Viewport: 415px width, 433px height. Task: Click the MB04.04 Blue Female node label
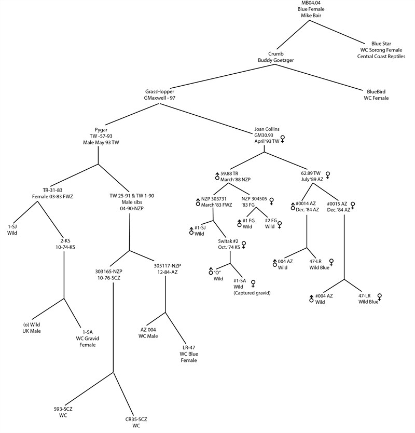pyautogui.click(x=311, y=9)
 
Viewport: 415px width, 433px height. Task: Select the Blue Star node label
pyautogui.click(x=381, y=50)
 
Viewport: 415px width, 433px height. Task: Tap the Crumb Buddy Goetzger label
pyautogui.click(x=275, y=57)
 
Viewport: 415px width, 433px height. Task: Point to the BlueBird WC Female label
pyautogui.click(x=376, y=94)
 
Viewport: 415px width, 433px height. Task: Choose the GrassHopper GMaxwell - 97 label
pyautogui.click(x=160, y=94)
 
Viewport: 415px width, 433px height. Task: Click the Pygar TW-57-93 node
pyautogui.click(x=101, y=136)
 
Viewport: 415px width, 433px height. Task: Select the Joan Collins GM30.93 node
pyautogui.click(x=267, y=135)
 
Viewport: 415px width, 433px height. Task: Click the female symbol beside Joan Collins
pyautogui.click(x=282, y=139)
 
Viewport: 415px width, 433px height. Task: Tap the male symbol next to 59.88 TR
pyautogui.click(x=217, y=176)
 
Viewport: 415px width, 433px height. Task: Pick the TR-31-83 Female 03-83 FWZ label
pyautogui.click(x=52, y=193)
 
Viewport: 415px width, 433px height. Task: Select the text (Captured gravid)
pyautogui.click(x=252, y=293)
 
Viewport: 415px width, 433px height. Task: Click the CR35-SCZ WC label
pyautogui.click(x=136, y=423)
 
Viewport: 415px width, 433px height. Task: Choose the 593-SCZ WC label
pyautogui.click(x=63, y=412)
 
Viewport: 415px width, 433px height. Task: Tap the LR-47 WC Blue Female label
pyautogui.click(x=189, y=354)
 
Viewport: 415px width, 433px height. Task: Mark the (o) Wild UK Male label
pyautogui.click(x=32, y=328)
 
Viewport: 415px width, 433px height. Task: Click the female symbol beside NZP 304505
pyautogui.click(x=271, y=201)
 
